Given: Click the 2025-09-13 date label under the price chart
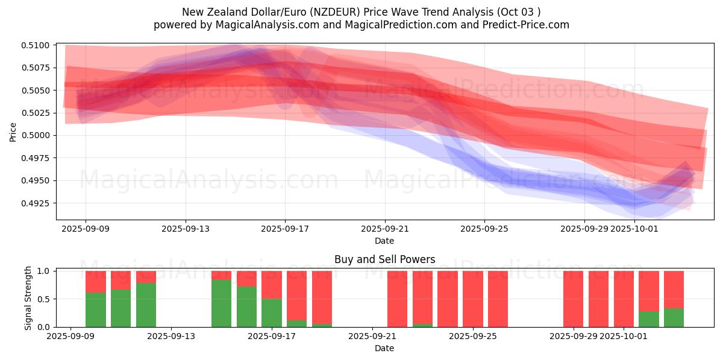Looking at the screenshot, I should (185, 229).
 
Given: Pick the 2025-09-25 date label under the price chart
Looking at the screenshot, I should (484, 229).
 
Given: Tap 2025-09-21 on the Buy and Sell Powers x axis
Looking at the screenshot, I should (371, 336).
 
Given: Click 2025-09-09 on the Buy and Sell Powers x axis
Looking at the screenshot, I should (71, 336).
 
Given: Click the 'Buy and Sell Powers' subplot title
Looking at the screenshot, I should (384, 260).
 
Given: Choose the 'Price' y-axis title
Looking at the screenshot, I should (13, 132).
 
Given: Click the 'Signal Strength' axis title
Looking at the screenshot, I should (28, 299).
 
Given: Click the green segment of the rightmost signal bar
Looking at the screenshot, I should (674, 318).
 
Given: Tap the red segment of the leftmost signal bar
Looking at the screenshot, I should (96, 281).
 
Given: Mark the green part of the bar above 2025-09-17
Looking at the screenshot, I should (272, 313).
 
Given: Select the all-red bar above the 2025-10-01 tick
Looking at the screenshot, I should (624, 299).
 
